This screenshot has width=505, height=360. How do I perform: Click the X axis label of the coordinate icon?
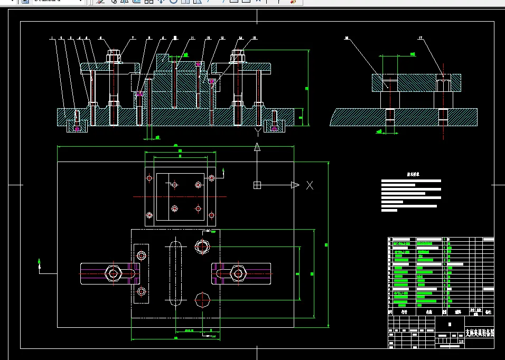[310, 185]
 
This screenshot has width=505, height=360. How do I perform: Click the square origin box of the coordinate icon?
[257, 185]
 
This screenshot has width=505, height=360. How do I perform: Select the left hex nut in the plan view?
[114, 273]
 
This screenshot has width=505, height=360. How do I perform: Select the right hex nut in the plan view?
[238, 273]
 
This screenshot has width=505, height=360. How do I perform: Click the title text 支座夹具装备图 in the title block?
[479, 333]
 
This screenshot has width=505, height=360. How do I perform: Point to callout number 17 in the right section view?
[420, 38]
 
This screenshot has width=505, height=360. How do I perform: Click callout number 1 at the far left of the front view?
[52, 38]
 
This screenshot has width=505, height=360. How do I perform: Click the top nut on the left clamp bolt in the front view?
[113, 55]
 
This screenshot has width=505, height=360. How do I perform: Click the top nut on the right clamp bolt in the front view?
[238, 55]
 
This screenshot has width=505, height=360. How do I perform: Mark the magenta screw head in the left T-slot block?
[77, 128]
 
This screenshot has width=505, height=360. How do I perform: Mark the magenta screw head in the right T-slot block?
[274, 128]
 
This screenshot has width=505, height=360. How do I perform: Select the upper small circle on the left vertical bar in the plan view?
[142, 256]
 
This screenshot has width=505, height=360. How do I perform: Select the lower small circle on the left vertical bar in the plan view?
[142, 291]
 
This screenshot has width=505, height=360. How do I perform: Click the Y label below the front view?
[257, 130]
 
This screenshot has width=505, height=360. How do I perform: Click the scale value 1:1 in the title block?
[462, 341]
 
